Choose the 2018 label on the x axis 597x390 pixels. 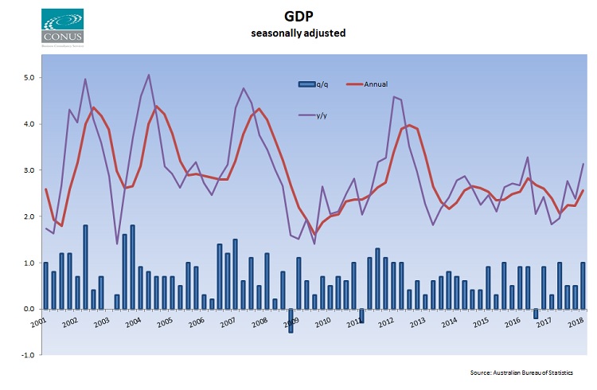pos(572,322)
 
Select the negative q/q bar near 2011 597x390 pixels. pos(361,315)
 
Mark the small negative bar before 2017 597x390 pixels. pos(536,313)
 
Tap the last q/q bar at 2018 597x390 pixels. pos(583,286)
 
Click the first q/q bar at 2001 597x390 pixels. pos(46,286)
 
